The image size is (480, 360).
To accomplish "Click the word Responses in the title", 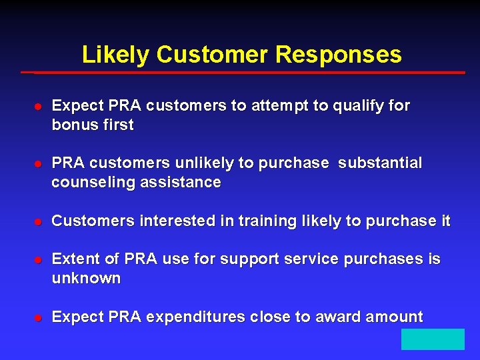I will click(338, 55).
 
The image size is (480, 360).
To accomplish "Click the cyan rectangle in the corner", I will click(433, 339).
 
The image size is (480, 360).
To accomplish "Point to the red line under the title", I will click(243, 72).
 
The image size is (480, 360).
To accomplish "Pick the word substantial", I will click(380, 163).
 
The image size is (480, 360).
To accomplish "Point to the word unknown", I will click(86, 278).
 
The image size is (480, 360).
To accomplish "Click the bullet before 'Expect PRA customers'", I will click(39, 107).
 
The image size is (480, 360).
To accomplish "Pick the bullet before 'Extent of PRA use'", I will click(39, 260).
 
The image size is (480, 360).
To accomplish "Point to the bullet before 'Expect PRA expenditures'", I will click(39, 318).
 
